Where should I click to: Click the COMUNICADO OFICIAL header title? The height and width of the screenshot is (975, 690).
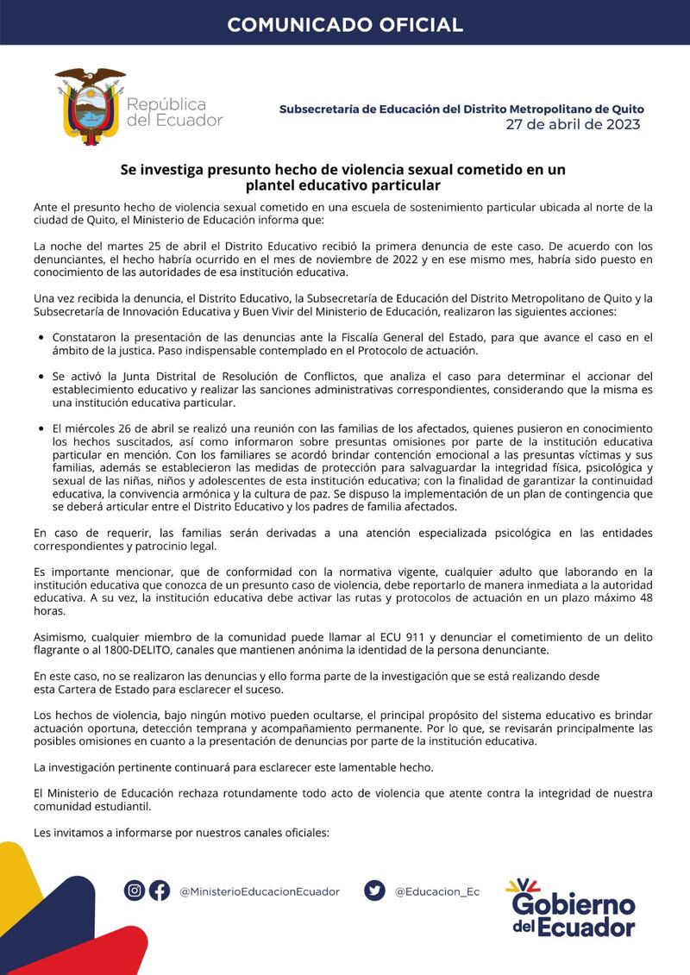345,24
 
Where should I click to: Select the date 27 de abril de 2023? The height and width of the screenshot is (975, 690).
573,125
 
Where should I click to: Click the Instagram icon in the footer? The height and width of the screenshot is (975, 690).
135,891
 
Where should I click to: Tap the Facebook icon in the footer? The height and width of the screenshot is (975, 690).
160,891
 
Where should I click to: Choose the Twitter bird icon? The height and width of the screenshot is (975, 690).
374,891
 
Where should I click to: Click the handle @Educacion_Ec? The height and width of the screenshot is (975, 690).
436,892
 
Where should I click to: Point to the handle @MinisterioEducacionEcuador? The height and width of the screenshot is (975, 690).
260,892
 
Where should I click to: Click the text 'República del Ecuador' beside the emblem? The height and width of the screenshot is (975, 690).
174,112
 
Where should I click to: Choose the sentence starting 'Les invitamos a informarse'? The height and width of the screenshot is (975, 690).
181,834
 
